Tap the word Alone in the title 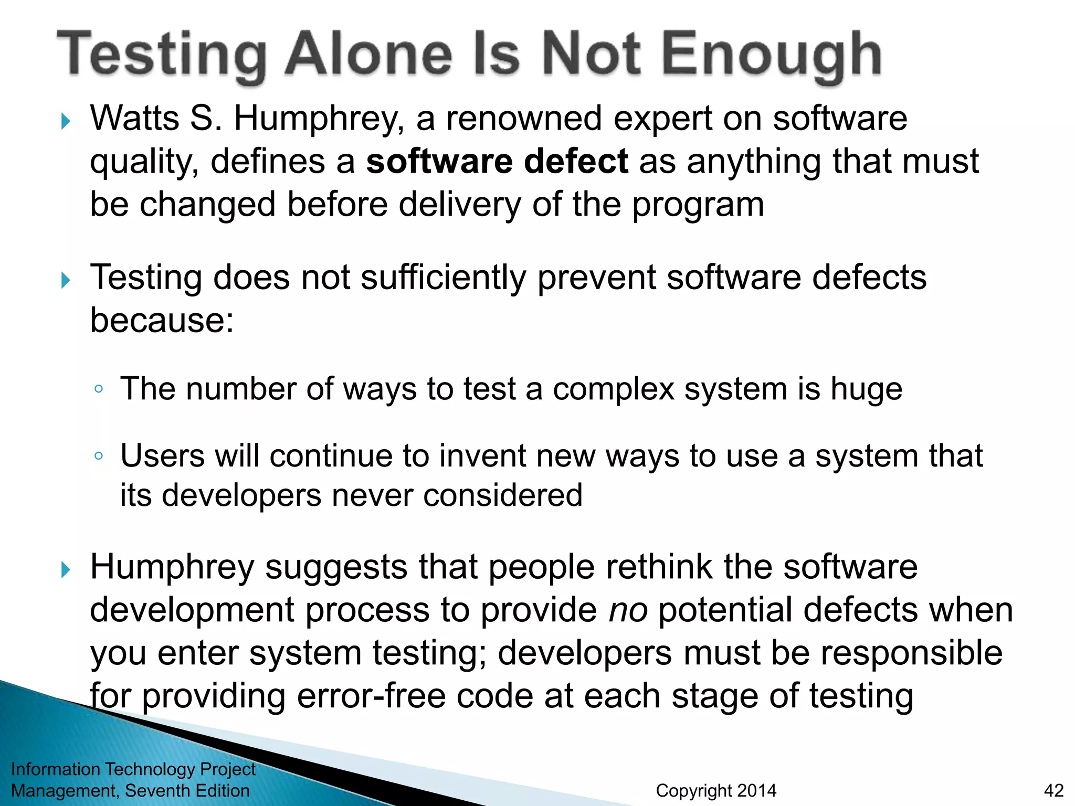(368, 54)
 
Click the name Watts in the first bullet (134, 118)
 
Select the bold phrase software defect (497, 161)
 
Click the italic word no (627, 611)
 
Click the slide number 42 (1053, 791)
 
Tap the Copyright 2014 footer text (715, 791)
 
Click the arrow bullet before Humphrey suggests (66, 569)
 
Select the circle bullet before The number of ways (98, 389)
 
